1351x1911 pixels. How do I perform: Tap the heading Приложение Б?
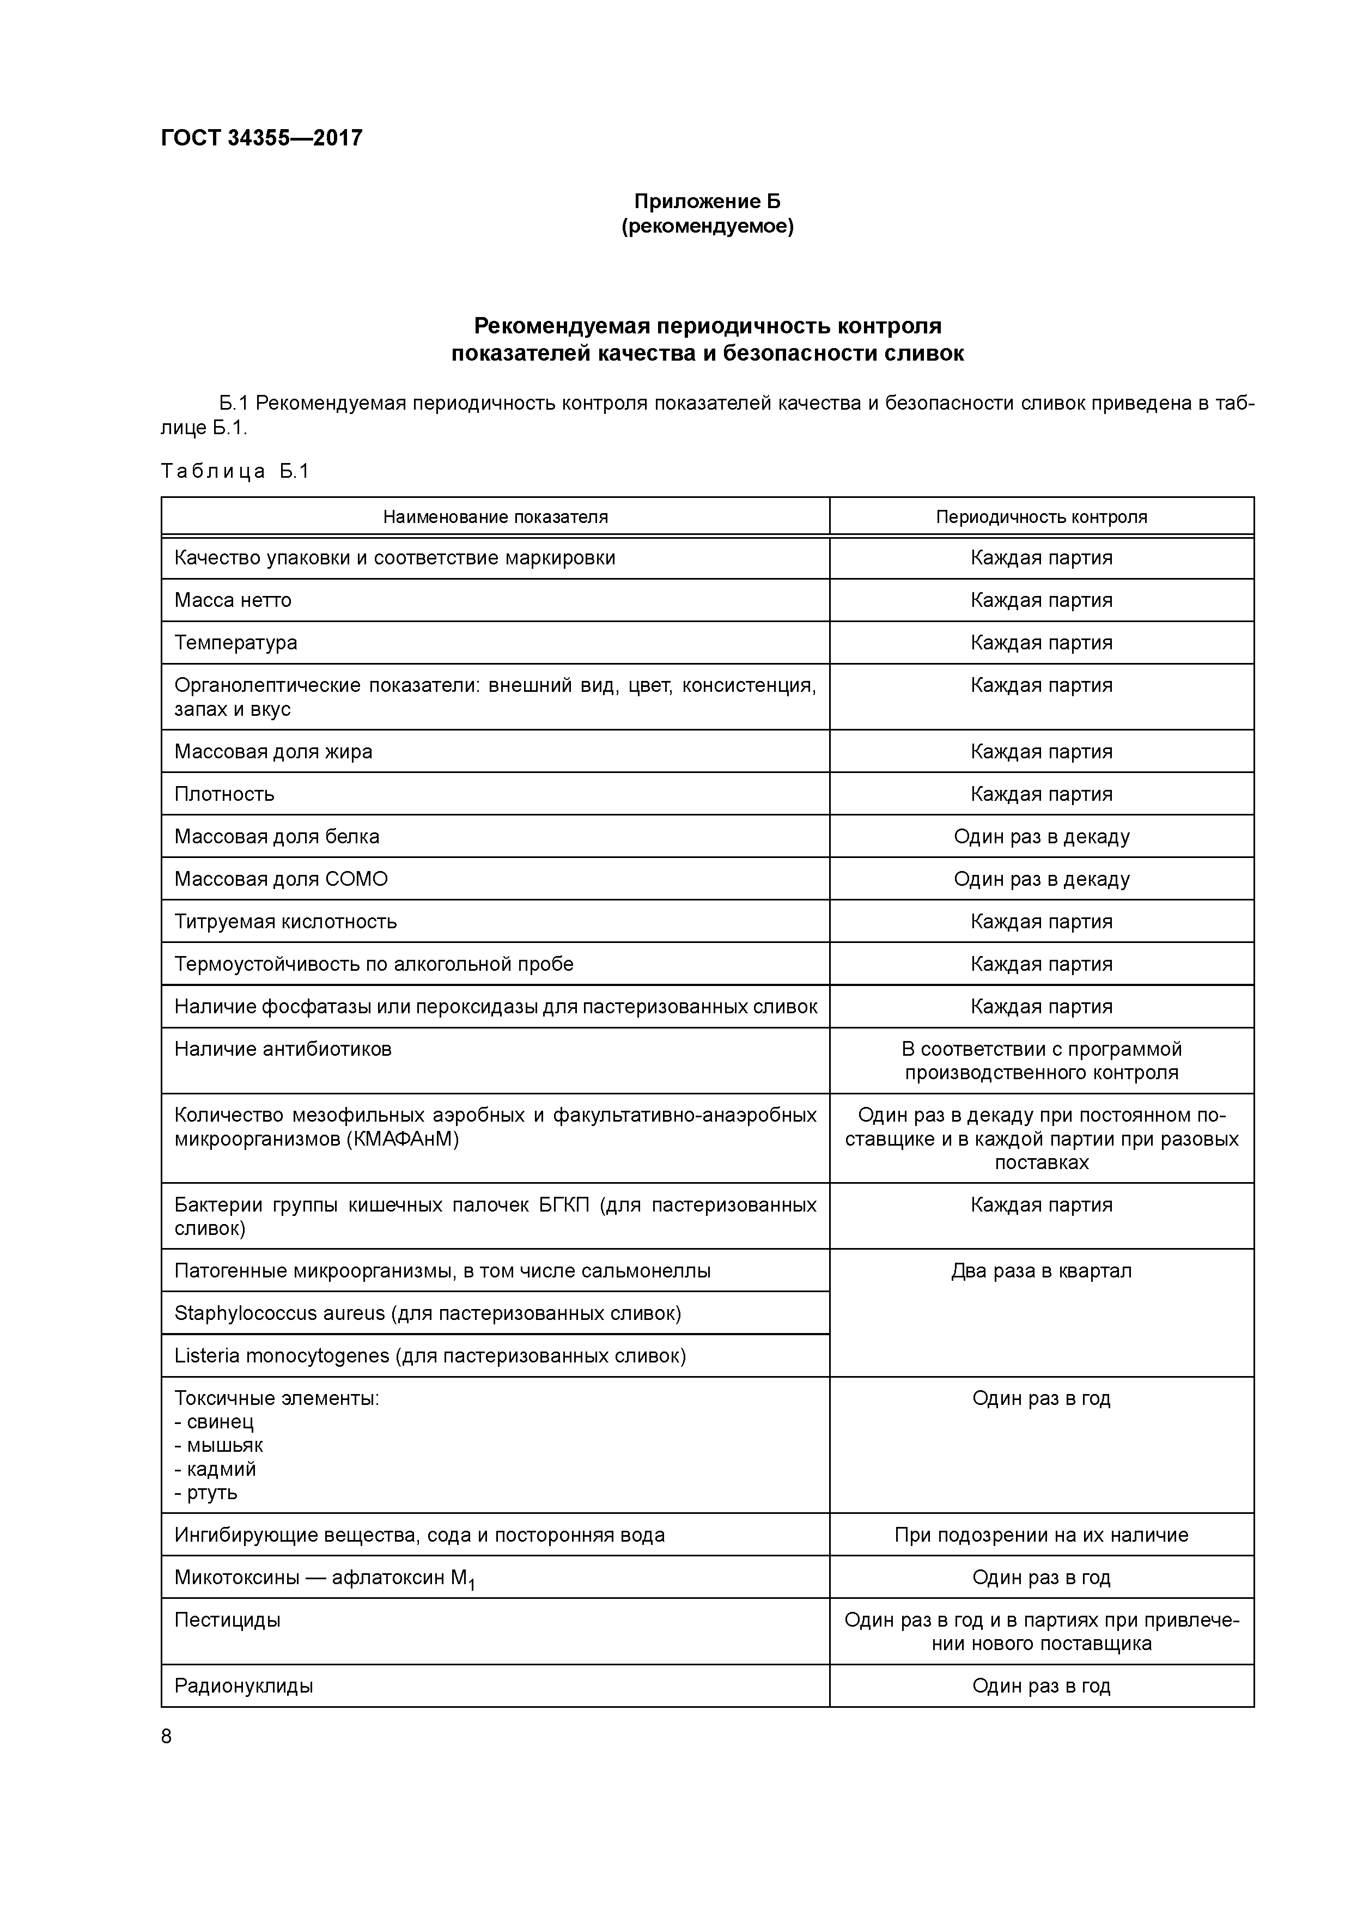(708, 202)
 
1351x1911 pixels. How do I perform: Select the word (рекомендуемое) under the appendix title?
(708, 227)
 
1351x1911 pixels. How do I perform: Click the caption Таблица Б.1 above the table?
(235, 471)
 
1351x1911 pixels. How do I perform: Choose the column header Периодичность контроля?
(1042, 517)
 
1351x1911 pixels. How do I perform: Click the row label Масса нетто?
(233, 600)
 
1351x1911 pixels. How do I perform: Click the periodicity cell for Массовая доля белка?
(1042, 837)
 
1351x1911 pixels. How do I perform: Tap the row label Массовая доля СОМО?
(281, 879)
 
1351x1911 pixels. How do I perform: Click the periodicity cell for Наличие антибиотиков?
(1042, 1061)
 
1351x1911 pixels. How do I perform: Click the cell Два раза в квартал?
(1042, 1271)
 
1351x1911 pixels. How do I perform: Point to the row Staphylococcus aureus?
(427, 1313)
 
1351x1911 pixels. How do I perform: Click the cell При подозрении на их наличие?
(1042, 1535)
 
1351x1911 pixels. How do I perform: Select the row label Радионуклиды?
(244, 1686)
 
